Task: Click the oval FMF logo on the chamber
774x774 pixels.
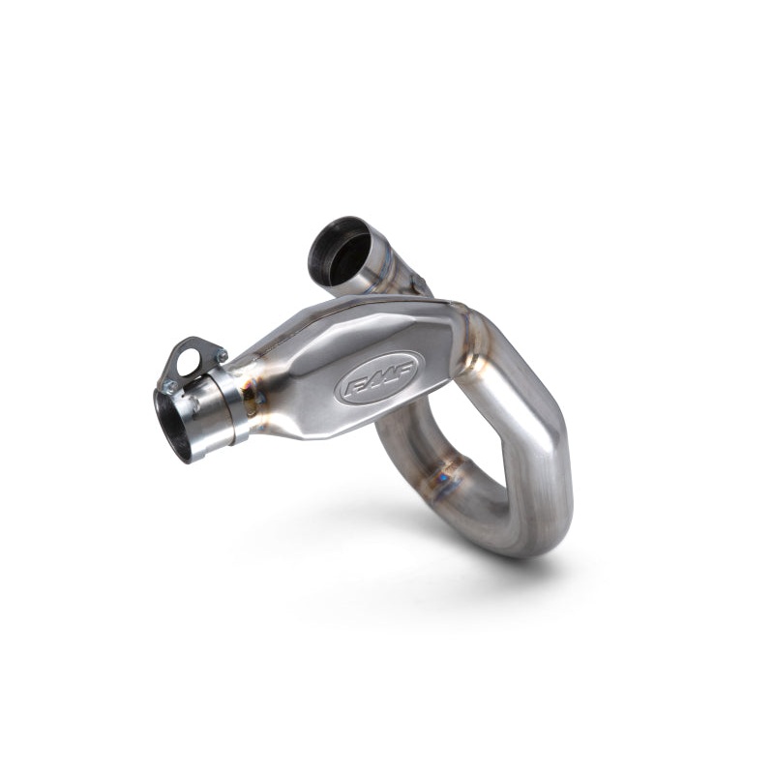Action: [x=378, y=377]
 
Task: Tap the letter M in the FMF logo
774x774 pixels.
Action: [x=378, y=377]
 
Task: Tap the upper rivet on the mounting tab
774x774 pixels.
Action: [x=222, y=355]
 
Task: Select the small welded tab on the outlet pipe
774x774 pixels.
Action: [x=419, y=283]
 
